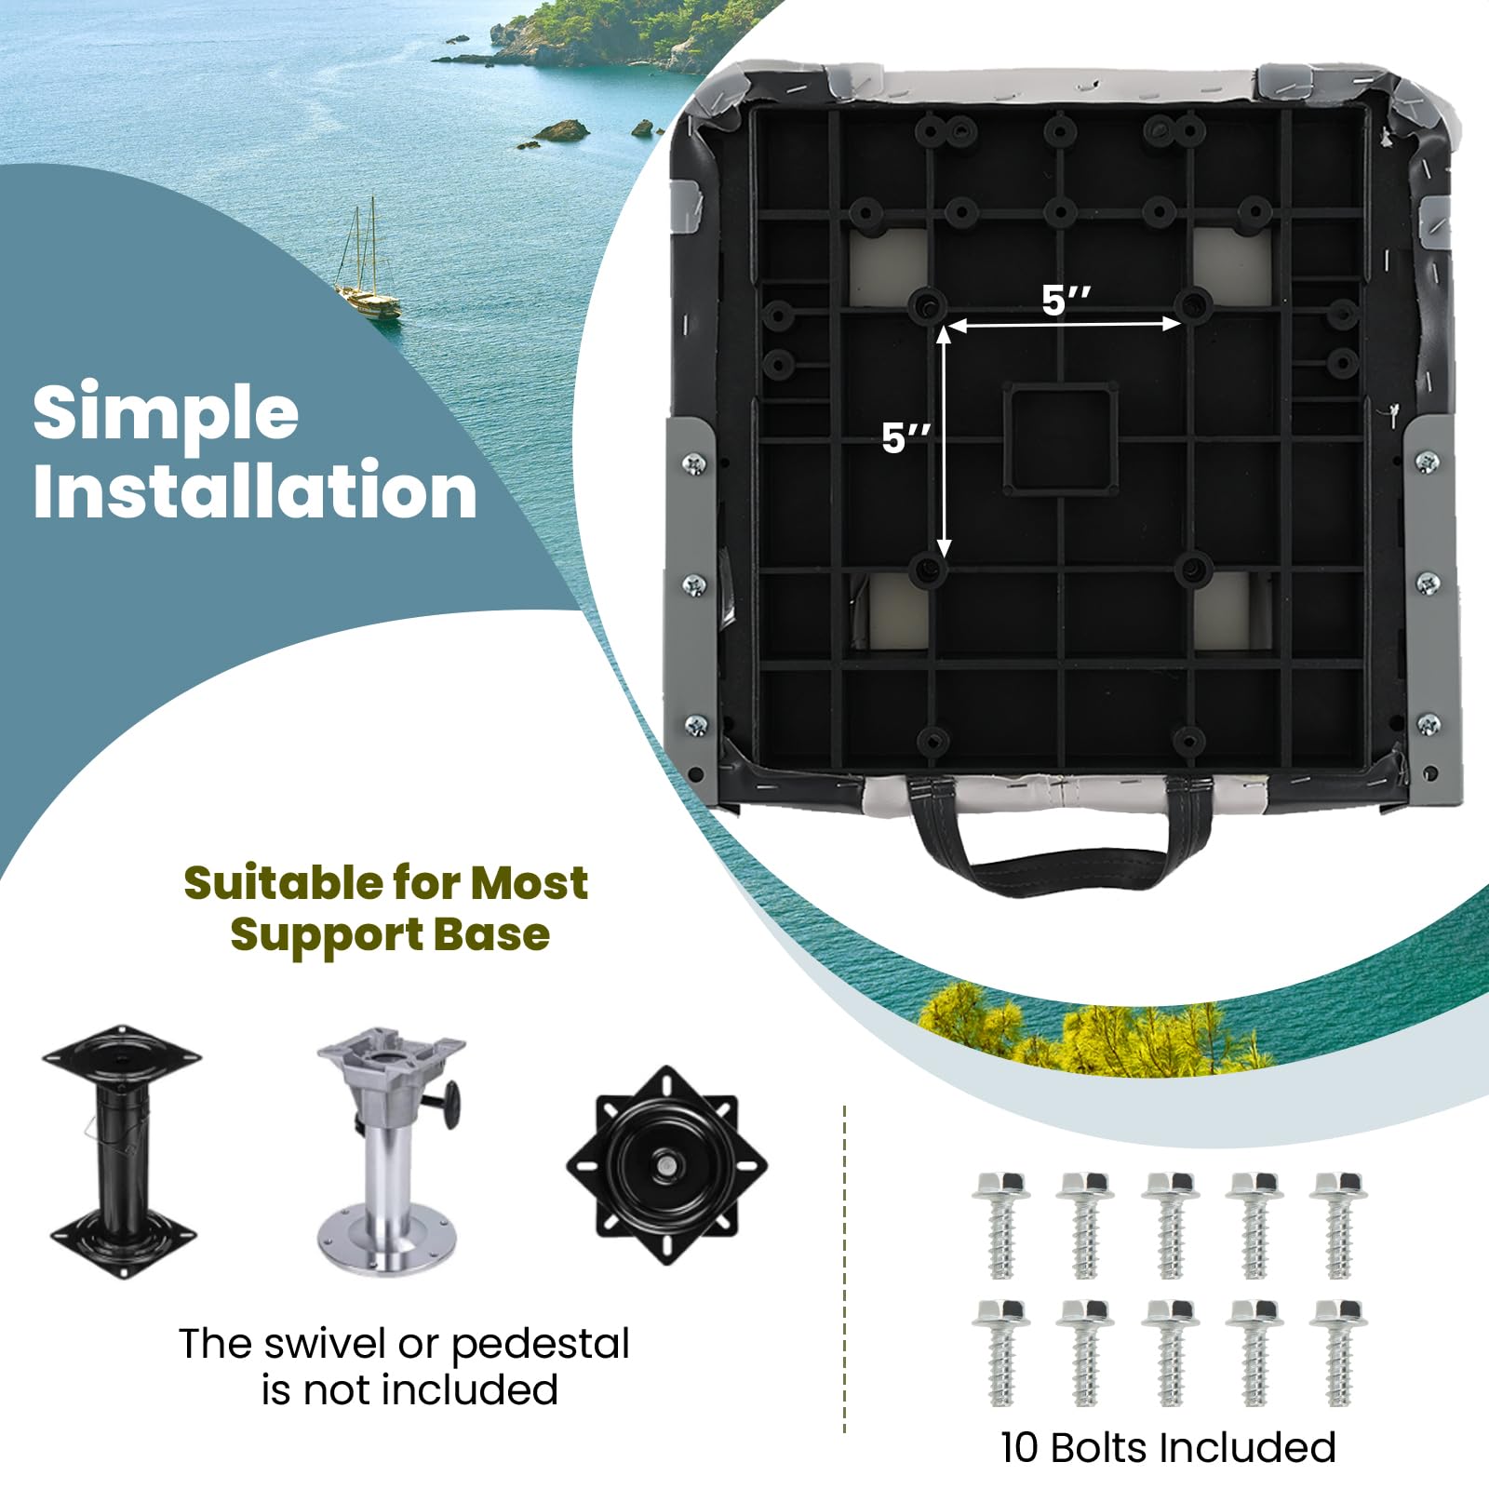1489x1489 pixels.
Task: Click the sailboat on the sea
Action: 369,270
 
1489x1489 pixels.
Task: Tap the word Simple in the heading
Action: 166,413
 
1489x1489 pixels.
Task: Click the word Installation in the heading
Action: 255,490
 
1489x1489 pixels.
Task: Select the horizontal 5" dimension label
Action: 1066,301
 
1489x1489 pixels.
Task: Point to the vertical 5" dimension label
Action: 905,438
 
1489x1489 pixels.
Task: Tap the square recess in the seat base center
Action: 1060,438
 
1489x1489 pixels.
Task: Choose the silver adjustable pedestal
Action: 392,1150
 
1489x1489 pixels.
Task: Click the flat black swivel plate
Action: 667,1165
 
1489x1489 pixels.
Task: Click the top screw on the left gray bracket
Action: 694,463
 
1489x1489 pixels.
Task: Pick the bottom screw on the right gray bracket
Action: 1428,723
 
